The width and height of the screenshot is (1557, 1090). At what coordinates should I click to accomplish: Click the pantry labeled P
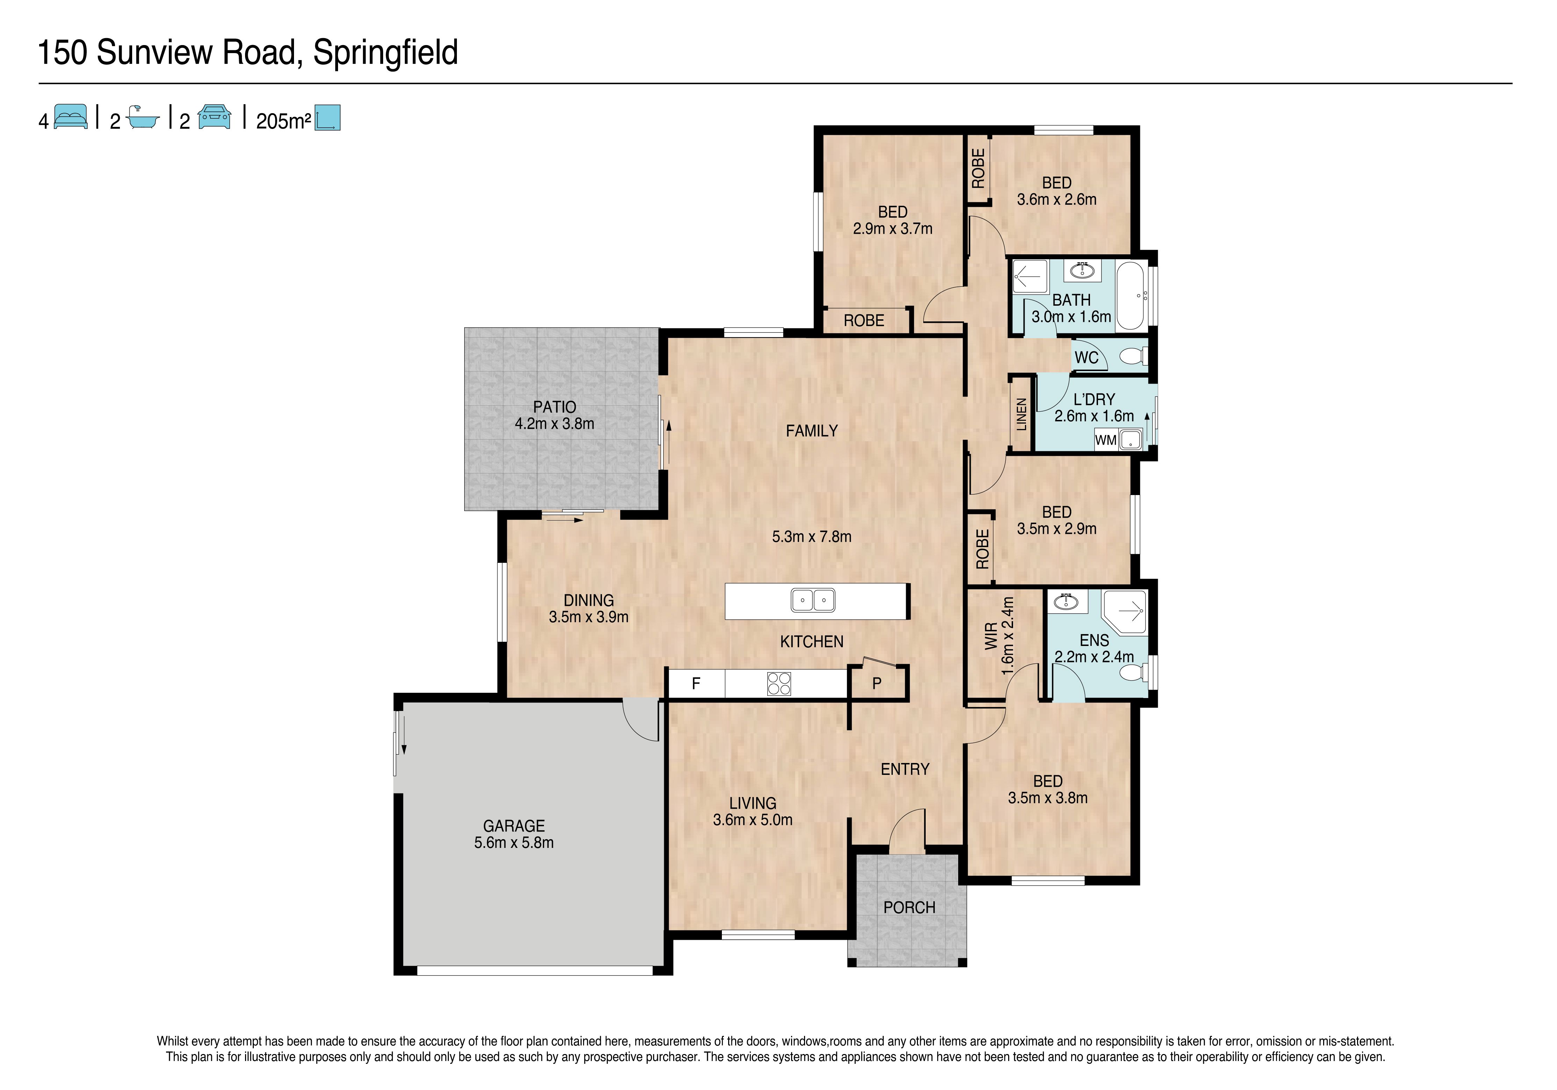(x=877, y=683)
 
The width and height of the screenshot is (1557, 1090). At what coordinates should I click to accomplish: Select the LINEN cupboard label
(x=1021, y=414)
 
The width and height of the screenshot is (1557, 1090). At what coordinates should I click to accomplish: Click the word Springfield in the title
(x=385, y=53)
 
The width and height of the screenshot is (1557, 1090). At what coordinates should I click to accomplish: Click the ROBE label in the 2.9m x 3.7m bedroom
(x=864, y=321)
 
